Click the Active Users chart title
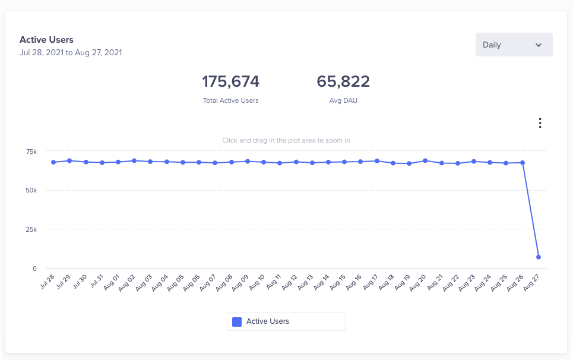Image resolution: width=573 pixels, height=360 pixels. (46, 40)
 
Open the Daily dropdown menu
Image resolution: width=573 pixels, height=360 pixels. (514, 45)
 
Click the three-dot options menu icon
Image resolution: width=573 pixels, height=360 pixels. (540, 123)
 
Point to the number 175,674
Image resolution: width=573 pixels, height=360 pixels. (230, 81)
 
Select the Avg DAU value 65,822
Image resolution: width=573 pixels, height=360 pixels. (343, 81)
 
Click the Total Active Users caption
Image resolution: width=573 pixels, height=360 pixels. (230, 100)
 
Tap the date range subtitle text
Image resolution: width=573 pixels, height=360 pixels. (71, 52)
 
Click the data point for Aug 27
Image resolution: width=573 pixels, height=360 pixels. (539, 257)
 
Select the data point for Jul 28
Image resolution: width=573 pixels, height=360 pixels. (53, 162)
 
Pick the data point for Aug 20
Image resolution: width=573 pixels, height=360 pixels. (425, 160)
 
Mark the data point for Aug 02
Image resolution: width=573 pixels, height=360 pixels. (134, 160)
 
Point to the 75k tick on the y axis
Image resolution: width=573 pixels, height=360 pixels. (31, 152)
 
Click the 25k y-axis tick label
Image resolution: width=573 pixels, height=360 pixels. (31, 229)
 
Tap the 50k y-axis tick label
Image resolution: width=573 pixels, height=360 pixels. (31, 191)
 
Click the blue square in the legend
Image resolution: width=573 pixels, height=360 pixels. (237, 321)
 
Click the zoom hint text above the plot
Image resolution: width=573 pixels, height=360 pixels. (286, 140)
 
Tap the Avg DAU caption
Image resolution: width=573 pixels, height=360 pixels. (343, 100)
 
